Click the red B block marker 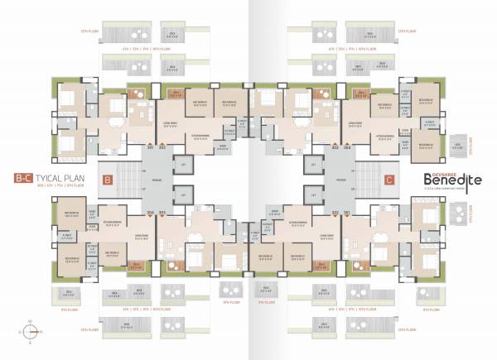coord(106,178)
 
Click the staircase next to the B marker coord(128,179)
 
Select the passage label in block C coord(340,179)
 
